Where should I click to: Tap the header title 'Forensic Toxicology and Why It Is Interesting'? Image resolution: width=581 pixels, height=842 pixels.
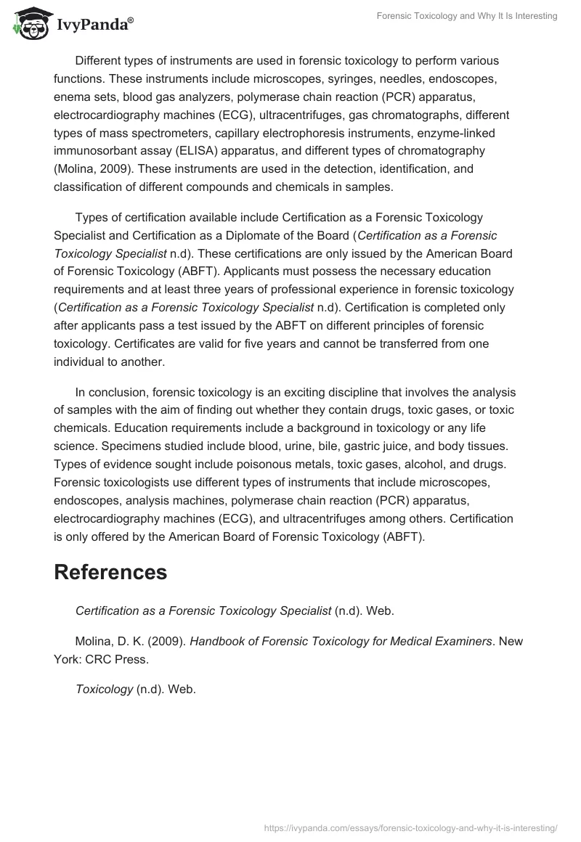click(467, 16)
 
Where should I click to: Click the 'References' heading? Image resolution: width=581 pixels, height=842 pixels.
click(110, 572)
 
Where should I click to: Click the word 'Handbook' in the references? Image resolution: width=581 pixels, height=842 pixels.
click(215, 641)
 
